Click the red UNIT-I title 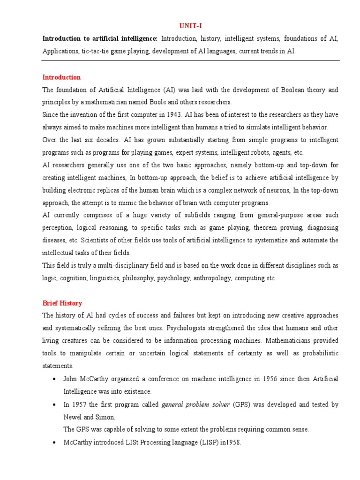(x=191, y=26)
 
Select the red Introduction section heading (x=61, y=77)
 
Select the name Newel (x=73, y=417)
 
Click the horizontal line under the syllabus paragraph (x=191, y=60)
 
